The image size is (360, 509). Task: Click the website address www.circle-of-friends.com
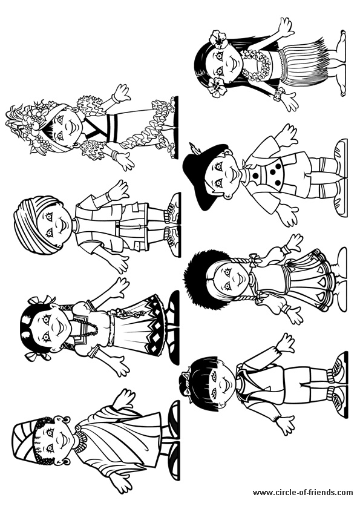click(x=303, y=493)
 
